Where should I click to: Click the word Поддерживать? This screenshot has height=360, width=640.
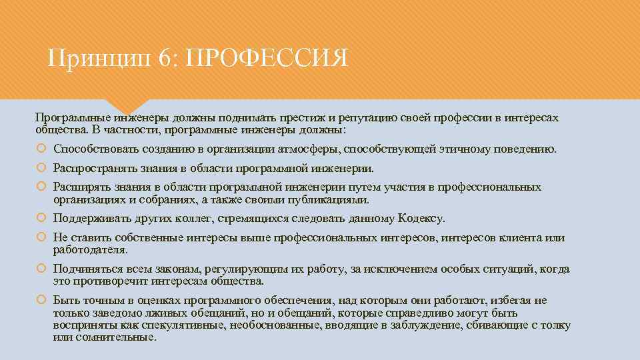[x=87, y=218]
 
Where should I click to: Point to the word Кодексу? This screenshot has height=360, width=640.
[x=421, y=218]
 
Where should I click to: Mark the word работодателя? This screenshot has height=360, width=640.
[x=89, y=249]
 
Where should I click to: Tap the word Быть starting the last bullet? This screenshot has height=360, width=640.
[x=65, y=300]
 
